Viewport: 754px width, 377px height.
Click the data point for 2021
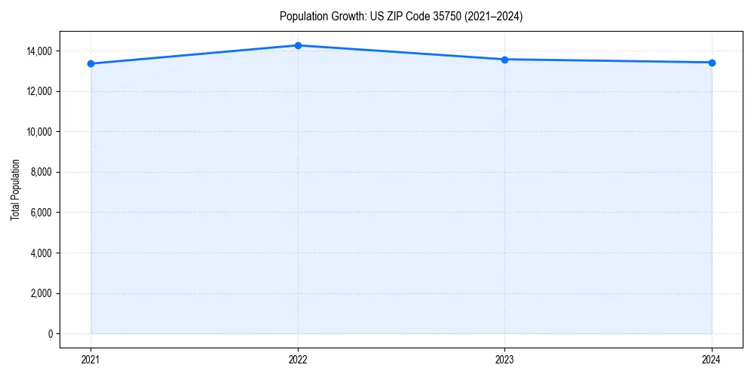pos(90,63)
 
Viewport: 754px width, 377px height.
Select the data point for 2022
pos(298,45)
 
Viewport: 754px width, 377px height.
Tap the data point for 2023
pos(504,60)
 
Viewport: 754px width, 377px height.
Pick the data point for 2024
pos(712,63)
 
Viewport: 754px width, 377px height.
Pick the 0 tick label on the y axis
pos(50,333)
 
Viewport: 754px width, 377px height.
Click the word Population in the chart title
pos(300,17)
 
